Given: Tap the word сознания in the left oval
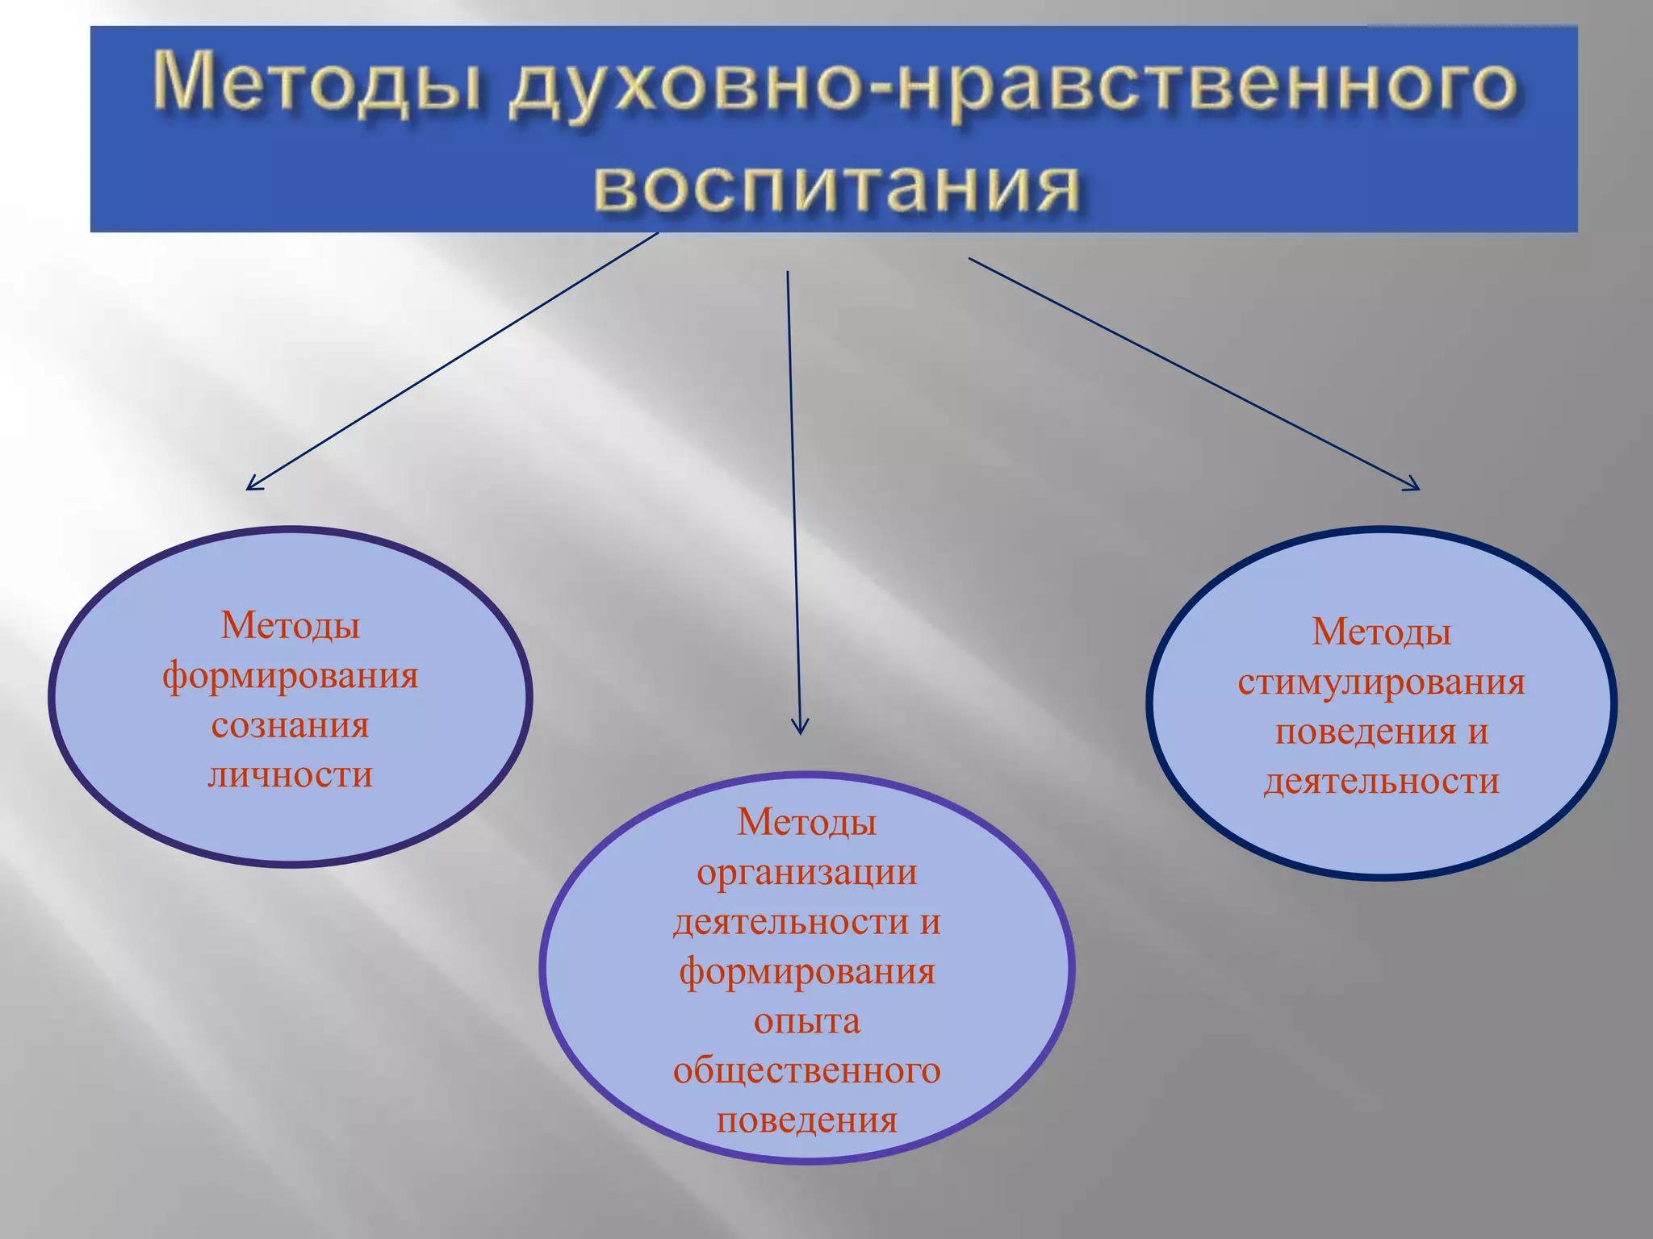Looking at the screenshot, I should pos(291,724).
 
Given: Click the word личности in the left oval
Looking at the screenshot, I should pos(291,774).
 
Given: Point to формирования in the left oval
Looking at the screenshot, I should pos(291,675).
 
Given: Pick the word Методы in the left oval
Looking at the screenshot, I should pos(291,625).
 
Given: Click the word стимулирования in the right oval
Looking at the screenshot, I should pos(1381,682).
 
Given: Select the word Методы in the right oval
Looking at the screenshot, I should pos(1381,632).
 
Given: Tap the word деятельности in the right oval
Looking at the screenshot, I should pos(1381,782).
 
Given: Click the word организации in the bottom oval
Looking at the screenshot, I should pos(807,872).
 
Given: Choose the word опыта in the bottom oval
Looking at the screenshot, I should pos(807,1021).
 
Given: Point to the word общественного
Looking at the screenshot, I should pos(807,1070).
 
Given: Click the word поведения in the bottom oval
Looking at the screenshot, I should pos(807,1120).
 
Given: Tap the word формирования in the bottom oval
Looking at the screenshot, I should pos(807,971).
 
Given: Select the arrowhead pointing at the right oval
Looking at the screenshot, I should pos(1414,486).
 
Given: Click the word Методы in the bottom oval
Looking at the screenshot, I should pos(807,822).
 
